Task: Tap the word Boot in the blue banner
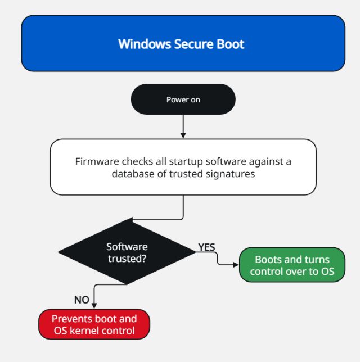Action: (x=232, y=44)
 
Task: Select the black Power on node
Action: (x=183, y=99)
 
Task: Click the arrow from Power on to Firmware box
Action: (x=183, y=126)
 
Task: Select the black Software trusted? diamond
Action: (x=127, y=252)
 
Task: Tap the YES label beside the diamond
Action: (x=206, y=247)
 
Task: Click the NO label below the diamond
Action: (x=82, y=300)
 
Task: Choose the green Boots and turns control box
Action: (x=292, y=265)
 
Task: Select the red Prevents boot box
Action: (x=94, y=324)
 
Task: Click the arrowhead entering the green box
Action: (x=236, y=264)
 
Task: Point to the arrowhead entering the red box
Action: (x=94, y=306)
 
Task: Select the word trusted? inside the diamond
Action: (x=127, y=258)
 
